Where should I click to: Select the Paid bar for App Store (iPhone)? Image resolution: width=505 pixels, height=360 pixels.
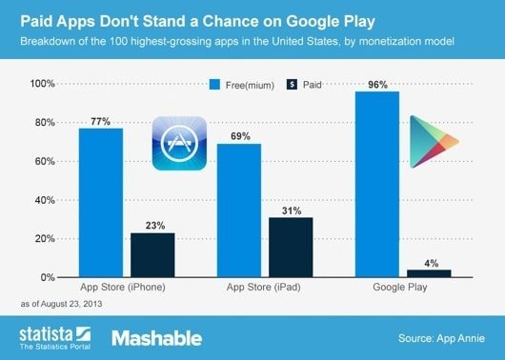tap(151, 254)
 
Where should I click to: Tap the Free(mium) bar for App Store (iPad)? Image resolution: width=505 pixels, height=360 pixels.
tap(239, 210)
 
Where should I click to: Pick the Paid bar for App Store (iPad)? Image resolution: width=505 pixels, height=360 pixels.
tap(291, 247)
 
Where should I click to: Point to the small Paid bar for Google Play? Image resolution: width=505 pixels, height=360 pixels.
tap(430, 273)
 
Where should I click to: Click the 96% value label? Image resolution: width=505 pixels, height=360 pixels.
tap(377, 84)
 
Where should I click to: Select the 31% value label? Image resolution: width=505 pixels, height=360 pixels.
tap(291, 210)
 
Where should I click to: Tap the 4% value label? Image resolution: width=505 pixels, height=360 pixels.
tap(430, 262)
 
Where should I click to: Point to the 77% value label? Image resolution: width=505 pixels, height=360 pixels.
tap(100, 121)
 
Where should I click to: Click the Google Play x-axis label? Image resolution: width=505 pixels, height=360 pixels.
tap(403, 287)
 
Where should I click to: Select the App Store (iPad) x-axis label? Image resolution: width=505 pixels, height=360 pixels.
tap(265, 287)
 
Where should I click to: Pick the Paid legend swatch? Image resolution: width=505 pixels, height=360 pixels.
tap(291, 83)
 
